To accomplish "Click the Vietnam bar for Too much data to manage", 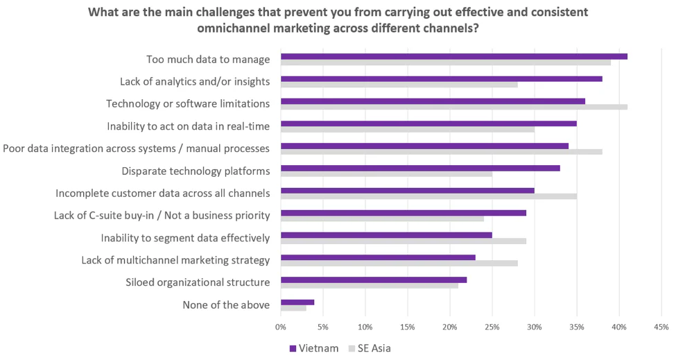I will click(x=453, y=56).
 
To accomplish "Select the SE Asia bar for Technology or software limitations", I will click(x=453, y=107).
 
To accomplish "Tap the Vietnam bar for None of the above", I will click(x=297, y=302).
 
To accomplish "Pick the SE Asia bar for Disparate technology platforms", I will click(x=386, y=173).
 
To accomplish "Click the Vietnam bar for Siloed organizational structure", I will click(x=373, y=280).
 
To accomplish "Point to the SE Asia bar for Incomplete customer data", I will click(x=428, y=196).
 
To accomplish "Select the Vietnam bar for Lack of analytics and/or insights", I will click(x=441, y=78).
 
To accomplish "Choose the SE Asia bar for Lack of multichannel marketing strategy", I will click(x=399, y=263).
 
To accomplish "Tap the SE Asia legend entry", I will click(x=373, y=348).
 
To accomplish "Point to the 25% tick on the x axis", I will click(x=492, y=326).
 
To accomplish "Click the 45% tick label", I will click(x=661, y=326).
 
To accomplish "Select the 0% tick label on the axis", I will click(x=281, y=326).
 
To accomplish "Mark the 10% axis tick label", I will click(x=365, y=326).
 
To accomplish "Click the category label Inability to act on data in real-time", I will click(x=188, y=126).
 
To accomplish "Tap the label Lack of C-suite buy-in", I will click(x=162, y=215).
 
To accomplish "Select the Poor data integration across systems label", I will click(x=137, y=148).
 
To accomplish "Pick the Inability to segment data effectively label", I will click(x=185, y=238).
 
